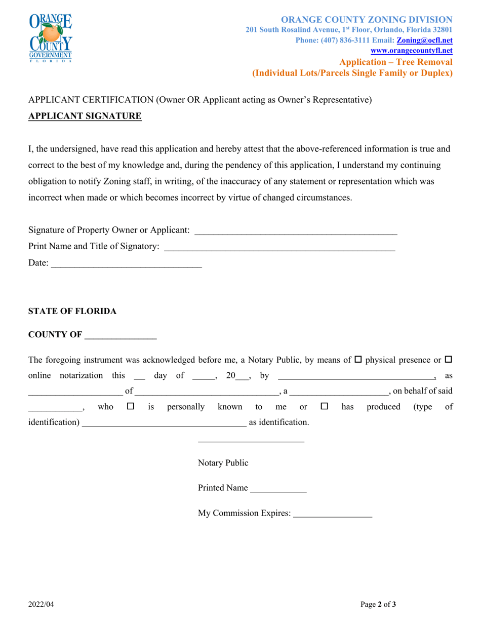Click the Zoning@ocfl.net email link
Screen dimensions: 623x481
tap(424, 40)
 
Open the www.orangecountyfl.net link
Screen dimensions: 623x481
tap(412, 51)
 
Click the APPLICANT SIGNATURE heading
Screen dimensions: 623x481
tap(85, 116)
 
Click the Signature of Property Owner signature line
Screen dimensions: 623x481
tap(296, 231)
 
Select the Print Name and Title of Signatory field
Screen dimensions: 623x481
tap(279, 248)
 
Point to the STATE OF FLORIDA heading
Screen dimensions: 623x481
tap(72, 311)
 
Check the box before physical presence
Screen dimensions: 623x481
tap(358, 360)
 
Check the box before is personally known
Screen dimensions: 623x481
tap(131, 406)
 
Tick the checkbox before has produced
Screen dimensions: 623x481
tap(325, 406)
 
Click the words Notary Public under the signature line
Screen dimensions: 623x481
tap(223, 463)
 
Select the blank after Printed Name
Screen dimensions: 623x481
tap(278, 489)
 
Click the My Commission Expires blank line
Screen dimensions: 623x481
tap(333, 515)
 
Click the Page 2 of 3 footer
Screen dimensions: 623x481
tap(378, 604)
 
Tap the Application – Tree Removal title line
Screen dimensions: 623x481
tap(396, 62)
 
